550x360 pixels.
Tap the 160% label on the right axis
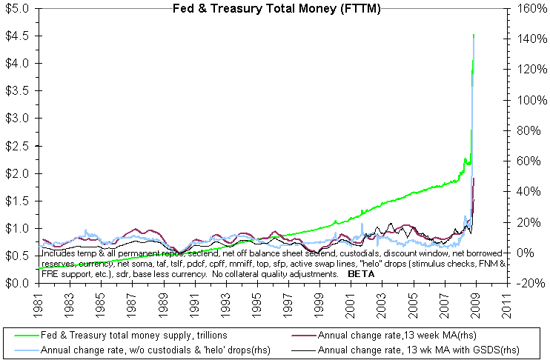pyautogui.click(x=521, y=9)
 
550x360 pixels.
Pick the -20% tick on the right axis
pyautogui.click(x=521, y=283)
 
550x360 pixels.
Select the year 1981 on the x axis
pyautogui.click(x=37, y=303)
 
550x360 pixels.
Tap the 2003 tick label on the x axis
pyautogui.click(x=380, y=303)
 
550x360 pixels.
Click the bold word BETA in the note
pyautogui.click(x=361, y=274)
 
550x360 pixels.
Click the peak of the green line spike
pyautogui.click(x=473, y=34)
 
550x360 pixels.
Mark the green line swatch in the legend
pyautogui.click(x=21, y=336)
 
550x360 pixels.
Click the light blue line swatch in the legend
pyautogui.click(x=21, y=349)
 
